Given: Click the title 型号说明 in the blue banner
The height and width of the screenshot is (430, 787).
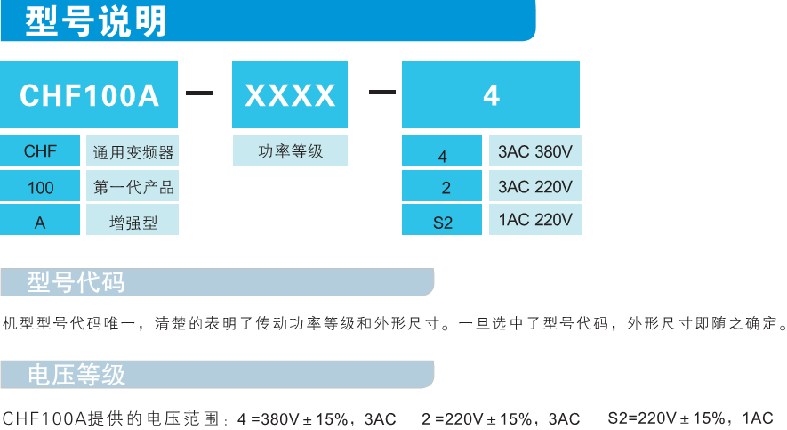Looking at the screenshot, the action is point(95,21).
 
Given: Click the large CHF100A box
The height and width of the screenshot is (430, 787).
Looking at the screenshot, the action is point(89,94).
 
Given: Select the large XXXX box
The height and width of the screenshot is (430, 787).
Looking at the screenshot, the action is point(290,94).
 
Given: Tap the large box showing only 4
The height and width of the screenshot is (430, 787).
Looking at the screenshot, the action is point(491,94).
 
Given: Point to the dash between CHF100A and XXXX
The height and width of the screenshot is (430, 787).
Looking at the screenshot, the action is point(199,93).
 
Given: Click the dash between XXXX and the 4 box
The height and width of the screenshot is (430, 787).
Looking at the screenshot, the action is point(382,92).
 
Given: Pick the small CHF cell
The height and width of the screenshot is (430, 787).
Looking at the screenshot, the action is point(40,150).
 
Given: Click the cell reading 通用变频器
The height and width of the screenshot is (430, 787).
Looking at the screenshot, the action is point(133,150).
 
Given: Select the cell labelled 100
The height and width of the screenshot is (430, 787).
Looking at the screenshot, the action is point(40,185).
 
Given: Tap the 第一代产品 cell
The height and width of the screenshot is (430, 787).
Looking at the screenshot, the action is point(133,185).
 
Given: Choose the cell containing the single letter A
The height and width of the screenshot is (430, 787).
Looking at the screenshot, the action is point(40,219).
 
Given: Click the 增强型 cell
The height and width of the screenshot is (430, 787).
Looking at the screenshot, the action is point(133,219).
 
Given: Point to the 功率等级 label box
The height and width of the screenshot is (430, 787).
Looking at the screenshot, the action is point(290,150).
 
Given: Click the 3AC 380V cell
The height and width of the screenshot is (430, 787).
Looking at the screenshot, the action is point(535,150).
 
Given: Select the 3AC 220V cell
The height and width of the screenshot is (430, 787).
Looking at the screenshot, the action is point(535,185).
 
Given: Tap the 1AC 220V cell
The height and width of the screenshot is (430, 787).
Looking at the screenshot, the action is point(535,219).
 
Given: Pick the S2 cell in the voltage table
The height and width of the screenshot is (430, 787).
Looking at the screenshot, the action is point(442,219).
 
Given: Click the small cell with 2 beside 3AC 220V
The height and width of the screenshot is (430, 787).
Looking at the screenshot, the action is point(442,185).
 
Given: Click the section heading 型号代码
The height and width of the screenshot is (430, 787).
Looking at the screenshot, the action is point(76,282).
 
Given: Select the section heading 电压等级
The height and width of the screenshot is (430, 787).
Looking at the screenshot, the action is point(76,374).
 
